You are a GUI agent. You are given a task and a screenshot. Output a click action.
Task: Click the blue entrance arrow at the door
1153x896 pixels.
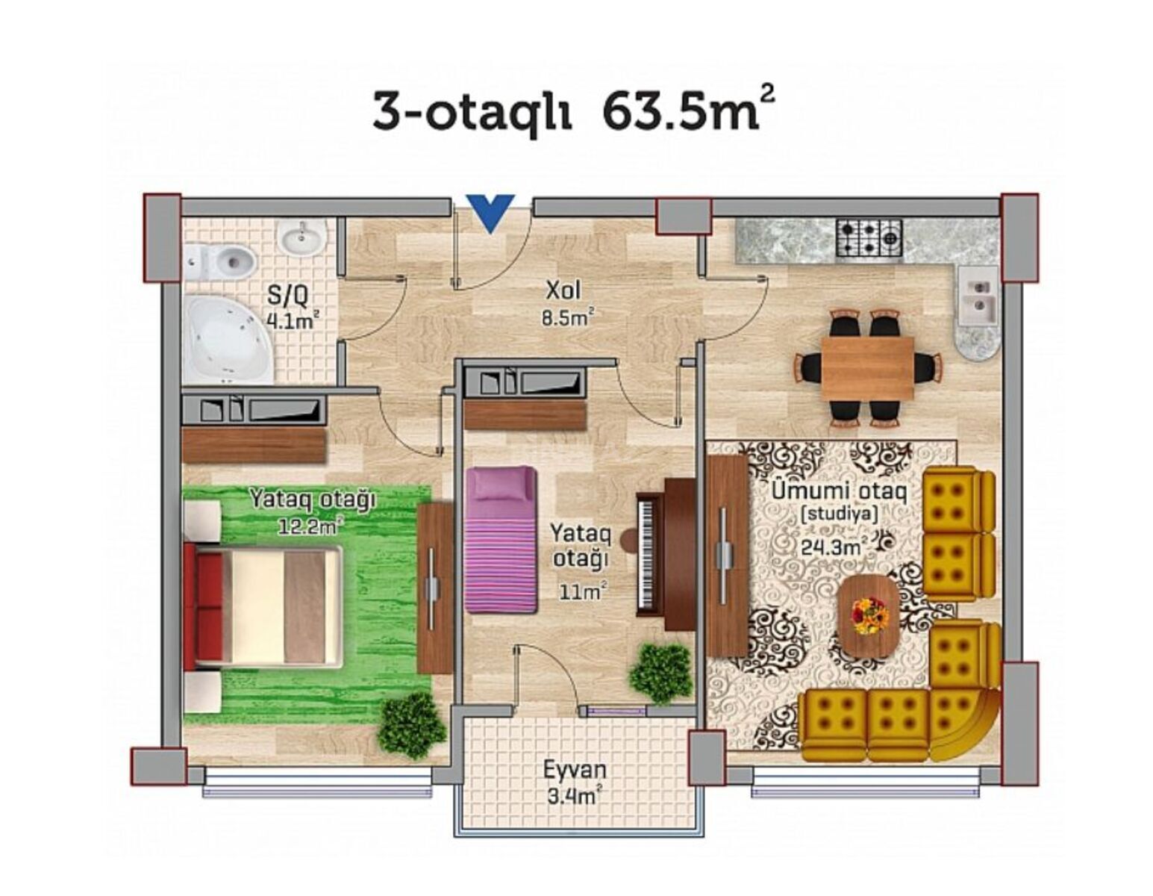(x=490, y=212)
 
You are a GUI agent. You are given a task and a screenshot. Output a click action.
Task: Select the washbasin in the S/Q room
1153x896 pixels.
(x=302, y=237)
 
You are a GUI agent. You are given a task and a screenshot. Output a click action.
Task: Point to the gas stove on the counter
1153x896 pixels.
(x=869, y=238)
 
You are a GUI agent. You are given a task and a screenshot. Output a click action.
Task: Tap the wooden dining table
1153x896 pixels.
(x=867, y=367)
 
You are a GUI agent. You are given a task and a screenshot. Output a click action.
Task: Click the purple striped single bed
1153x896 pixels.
(x=501, y=539)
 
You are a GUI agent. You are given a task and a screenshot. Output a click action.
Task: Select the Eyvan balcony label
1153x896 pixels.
(x=575, y=769)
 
